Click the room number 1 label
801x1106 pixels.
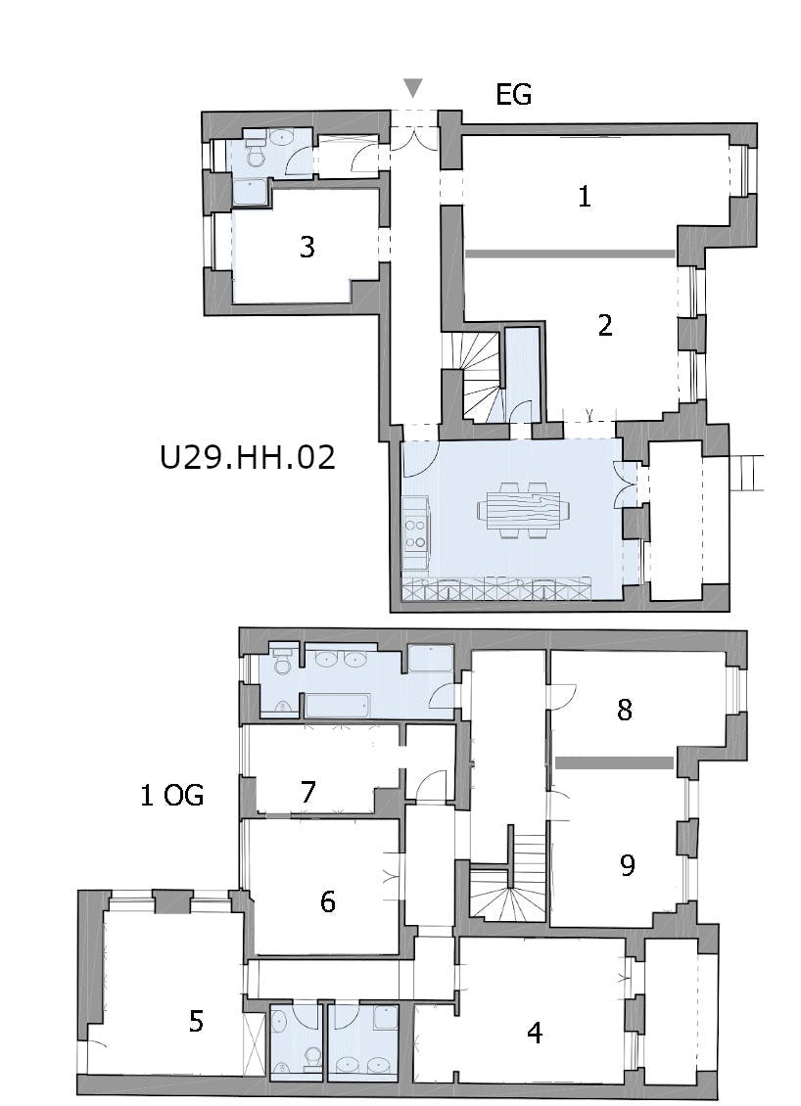(584, 196)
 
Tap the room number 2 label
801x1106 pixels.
(605, 325)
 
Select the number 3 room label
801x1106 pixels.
(307, 247)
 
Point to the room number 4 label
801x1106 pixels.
(535, 1033)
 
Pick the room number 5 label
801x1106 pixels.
(196, 1021)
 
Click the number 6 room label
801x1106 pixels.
(327, 901)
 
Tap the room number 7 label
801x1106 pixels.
(307, 792)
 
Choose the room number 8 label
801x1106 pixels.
(625, 710)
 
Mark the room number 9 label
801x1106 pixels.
(628, 865)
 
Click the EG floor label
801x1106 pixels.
(514, 95)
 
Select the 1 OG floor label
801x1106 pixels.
(172, 796)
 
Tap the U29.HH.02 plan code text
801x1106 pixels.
(247, 457)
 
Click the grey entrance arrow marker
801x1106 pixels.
(413, 87)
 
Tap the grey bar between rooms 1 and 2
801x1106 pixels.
(570, 253)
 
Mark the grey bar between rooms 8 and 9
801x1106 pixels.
(614, 762)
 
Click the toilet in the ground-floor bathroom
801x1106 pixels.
(255, 155)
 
